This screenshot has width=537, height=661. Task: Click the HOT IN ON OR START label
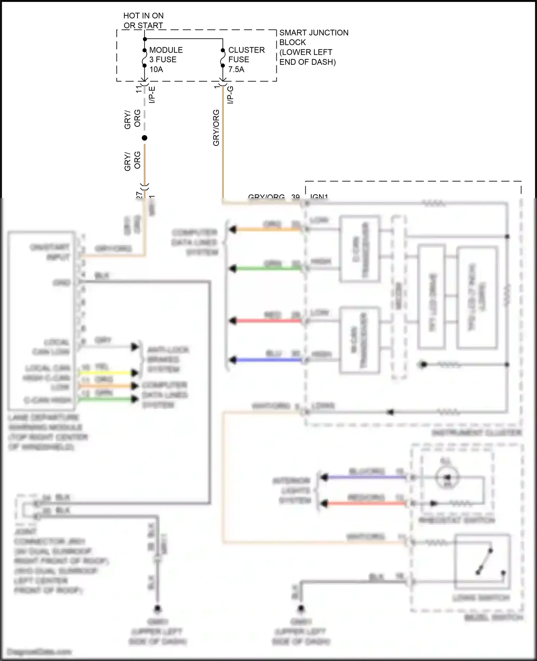[143, 20]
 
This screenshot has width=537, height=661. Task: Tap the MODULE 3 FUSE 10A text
[165, 59]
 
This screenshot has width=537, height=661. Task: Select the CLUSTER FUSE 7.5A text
[246, 59]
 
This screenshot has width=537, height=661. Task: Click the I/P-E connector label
[152, 95]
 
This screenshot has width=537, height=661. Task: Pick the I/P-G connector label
[231, 95]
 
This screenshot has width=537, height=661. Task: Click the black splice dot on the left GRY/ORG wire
[144, 138]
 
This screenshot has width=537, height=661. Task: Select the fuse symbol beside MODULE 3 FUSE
[144, 58]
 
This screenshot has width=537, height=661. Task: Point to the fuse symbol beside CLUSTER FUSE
[223, 58]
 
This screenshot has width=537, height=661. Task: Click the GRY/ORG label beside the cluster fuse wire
[216, 128]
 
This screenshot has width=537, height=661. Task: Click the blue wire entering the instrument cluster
[268, 360]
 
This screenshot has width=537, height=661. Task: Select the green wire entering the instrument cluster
[268, 268]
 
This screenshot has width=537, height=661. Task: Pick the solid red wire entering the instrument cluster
[268, 320]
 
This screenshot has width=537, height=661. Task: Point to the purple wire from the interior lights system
[365, 477]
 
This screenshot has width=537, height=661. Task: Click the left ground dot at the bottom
[157, 608]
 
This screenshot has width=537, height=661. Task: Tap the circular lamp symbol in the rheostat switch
[446, 477]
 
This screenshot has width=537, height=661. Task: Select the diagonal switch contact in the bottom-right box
[484, 561]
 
